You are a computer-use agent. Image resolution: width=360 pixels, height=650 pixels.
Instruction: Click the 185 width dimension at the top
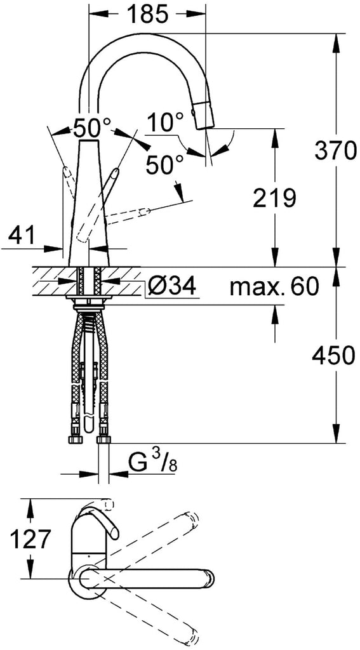(147, 15)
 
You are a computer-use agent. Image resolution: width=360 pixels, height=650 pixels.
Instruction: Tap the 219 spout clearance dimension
(274, 198)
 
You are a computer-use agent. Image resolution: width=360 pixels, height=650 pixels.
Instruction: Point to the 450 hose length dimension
(335, 355)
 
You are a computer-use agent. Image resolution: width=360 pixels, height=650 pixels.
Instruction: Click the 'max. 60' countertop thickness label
(274, 286)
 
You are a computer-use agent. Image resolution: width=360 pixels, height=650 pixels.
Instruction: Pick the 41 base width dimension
(22, 236)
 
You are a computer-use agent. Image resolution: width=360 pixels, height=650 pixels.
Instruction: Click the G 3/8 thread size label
(152, 461)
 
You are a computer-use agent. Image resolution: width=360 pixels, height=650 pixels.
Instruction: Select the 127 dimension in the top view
(30, 539)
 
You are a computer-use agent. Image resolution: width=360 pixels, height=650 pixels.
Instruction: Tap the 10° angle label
(164, 123)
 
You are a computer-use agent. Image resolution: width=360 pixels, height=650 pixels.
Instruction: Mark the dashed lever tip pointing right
(144, 212)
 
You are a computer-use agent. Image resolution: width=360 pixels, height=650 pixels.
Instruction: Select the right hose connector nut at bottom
(103, 439)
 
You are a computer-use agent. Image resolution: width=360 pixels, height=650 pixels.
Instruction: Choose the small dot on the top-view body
(88, 554)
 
